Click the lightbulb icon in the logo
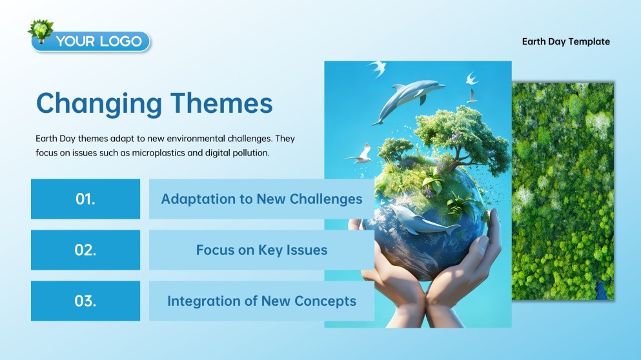41,31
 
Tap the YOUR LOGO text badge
91,41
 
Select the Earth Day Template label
565,41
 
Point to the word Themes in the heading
221,103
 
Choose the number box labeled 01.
85,199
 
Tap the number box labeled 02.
85,250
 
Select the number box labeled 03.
85,301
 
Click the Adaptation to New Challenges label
261,199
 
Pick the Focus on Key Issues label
261,250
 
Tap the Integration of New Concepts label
261,301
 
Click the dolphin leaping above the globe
407,99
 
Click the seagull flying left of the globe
360,154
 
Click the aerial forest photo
563,191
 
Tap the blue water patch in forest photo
602,290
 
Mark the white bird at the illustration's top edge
378,68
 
